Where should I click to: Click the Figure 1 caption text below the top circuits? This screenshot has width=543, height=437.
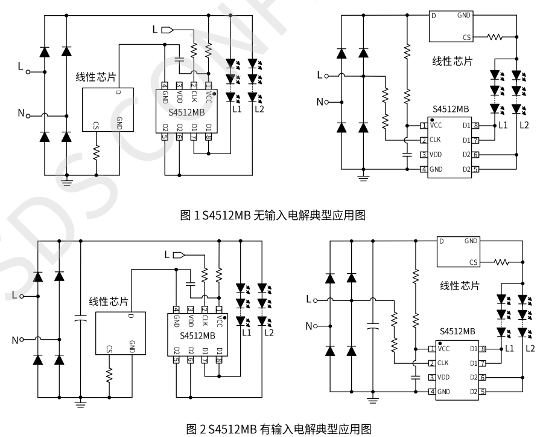(x=272, y=215)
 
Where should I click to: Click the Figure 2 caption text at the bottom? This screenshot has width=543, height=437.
(x=272, y=429)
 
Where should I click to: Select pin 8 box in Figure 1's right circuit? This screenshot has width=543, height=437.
(x=476, y=126)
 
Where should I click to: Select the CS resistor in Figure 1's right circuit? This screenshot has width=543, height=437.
(x=495, y=37)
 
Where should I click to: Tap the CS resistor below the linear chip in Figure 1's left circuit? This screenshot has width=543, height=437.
(x=96, y=153)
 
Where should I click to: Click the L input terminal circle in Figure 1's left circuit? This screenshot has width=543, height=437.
(x=28, y=71)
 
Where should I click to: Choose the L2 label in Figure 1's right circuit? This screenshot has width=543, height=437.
(x=524, y=125)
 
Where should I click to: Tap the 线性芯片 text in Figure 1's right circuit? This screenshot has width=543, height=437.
(x=453, y=62)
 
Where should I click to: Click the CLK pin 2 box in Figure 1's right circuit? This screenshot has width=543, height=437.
(x=424, y=140)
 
